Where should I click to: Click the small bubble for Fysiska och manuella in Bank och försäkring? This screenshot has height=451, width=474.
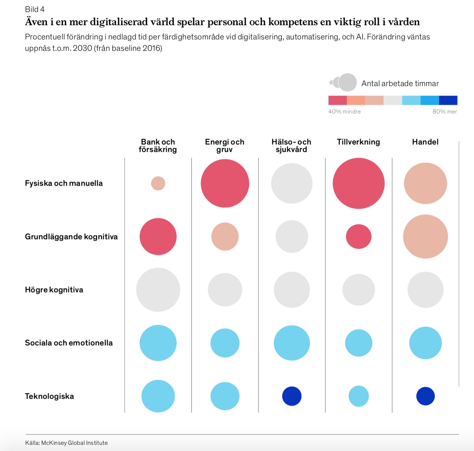158,183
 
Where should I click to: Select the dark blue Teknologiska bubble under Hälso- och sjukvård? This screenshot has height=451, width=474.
292,396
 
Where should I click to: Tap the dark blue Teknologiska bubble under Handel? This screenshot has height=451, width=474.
426,396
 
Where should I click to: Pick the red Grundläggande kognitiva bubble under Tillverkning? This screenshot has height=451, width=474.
359,237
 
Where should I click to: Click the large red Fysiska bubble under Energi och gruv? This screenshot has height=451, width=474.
225,183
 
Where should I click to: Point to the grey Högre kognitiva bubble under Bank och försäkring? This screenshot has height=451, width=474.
158,290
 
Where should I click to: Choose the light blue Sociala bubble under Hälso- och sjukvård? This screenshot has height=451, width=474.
292,343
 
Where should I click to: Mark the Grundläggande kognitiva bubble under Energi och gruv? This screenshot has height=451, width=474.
225,237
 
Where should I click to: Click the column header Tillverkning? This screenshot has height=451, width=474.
358,142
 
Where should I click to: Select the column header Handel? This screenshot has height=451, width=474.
425,142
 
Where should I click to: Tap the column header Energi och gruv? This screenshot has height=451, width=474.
225,146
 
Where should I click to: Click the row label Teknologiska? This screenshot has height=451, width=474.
49,396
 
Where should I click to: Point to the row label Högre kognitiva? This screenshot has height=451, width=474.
54,290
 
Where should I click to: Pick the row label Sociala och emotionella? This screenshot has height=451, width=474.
69,343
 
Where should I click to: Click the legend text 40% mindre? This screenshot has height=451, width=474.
344,112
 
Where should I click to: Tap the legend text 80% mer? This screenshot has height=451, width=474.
445,112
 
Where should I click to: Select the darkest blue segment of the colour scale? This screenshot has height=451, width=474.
448,100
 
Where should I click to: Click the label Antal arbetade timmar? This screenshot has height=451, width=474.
400,83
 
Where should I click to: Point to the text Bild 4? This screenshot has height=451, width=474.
35,9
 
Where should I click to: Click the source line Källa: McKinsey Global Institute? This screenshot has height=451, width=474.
67,443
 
